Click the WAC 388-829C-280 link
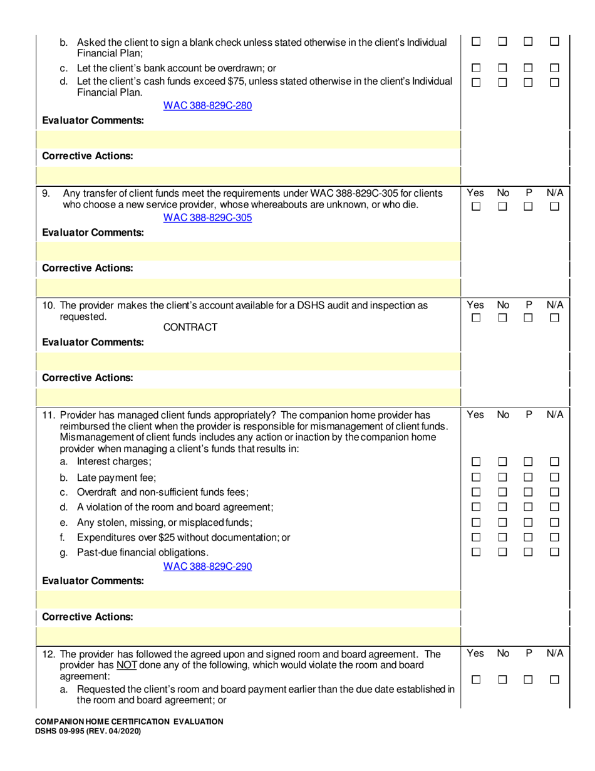click(x=207, y=106)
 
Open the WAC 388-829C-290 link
click(x=207, y=567)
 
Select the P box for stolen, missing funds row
click(x=529, y=522)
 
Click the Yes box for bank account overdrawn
click(x=475, y=68)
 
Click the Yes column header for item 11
click(x=475, y=414)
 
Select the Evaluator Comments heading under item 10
click(x=93, y=343)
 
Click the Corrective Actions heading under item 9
click(x=87, y=268)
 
